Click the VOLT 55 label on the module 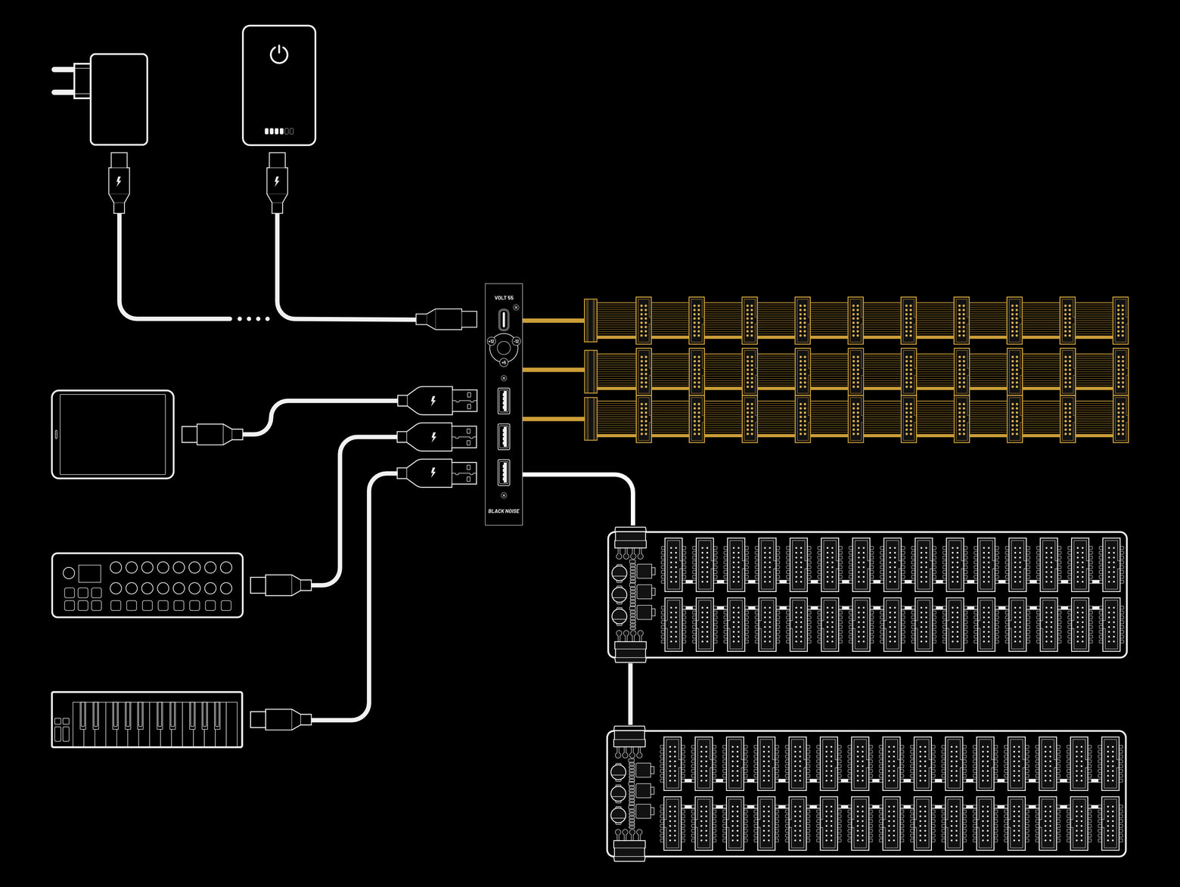[x=504, y=298]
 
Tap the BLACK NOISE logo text [x=504, y=511]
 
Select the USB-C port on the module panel [x=504, y=320]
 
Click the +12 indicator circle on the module [x=491, y=342]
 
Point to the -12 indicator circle [x=517, y=342]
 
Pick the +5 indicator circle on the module [x=504, y=363]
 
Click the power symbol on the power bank [x=279, y=54]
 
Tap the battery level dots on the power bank [x=279, y=132]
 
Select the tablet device [x=113, y=435]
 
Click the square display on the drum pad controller [x=89, y=573]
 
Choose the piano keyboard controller [x=147, y=720]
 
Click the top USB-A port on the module [x=504, y=401]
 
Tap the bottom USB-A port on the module [x=504, y=473]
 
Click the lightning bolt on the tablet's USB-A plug [x=433, y=401]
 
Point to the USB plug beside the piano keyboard [x=280, y=718]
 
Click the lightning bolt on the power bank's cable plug [x=278, y=181]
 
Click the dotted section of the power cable [x=253, y=319]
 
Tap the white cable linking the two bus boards [x=630, y=693]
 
